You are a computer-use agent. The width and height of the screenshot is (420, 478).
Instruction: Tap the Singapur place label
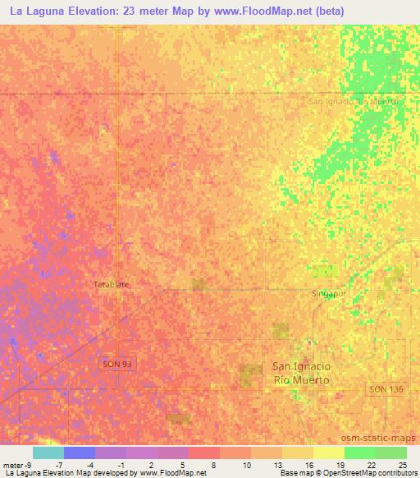329,293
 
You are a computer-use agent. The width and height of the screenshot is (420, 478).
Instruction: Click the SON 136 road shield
386,388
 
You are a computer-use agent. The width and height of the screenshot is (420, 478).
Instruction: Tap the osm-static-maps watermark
386,439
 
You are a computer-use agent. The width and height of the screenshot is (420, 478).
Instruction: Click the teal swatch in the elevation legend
48,453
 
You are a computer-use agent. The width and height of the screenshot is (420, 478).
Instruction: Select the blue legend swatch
80,453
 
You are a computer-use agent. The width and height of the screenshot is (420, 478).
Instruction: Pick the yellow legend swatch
329,453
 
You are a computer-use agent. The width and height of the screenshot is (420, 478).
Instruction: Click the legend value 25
401,464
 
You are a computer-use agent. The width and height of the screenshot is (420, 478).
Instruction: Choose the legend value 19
340,464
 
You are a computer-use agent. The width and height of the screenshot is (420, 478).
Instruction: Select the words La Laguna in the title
39,11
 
